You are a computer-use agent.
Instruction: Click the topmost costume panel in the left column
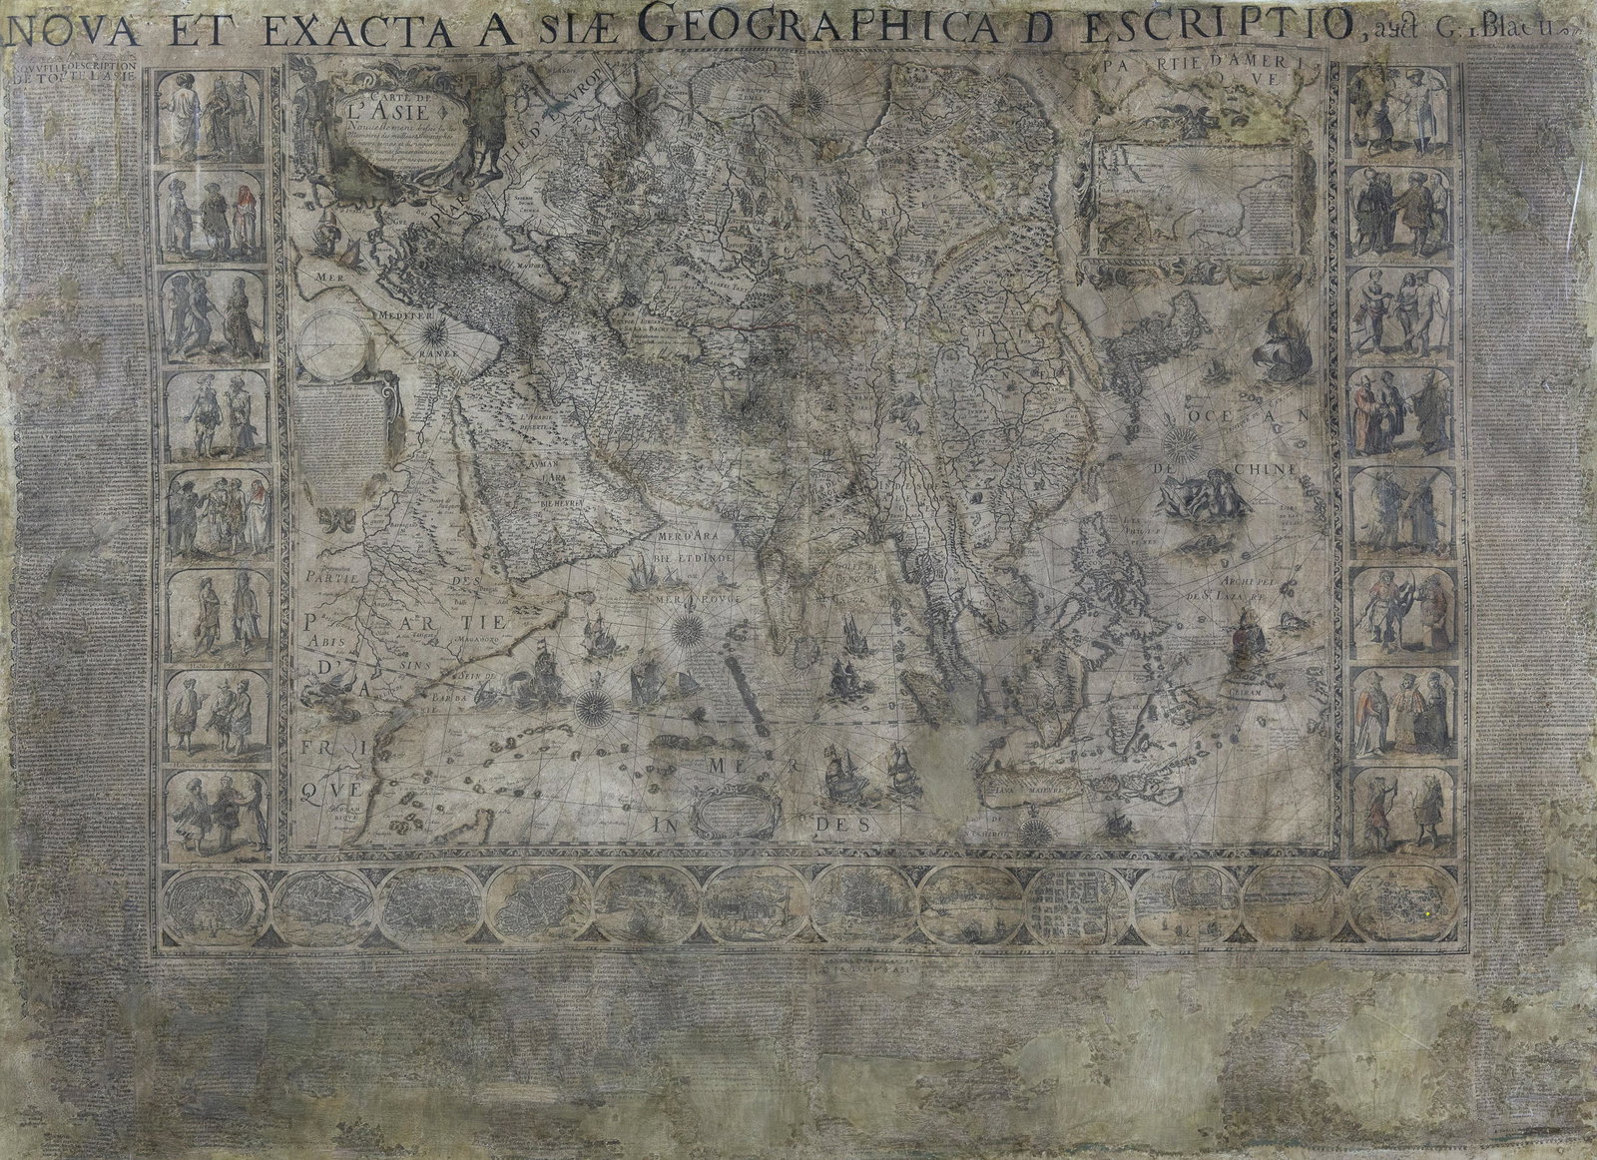[210, 116]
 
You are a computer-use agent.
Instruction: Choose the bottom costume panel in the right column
[1402, 810]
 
